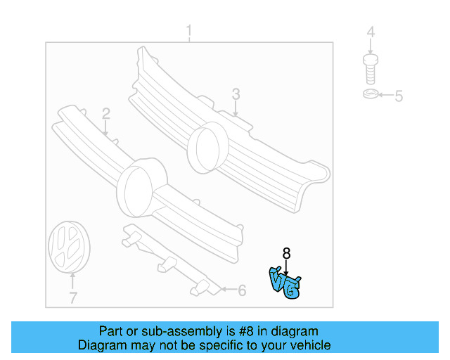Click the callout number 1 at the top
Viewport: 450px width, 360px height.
188,31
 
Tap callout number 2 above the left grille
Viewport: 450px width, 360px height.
105,113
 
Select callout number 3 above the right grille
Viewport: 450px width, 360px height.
236,94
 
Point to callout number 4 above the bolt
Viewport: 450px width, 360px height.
371,32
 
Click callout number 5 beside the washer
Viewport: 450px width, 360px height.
398,96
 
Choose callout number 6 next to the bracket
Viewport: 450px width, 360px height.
241,290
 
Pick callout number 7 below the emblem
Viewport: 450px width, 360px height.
72,298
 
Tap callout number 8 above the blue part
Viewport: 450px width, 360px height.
286,253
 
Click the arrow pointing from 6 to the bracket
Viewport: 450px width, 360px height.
226,289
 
